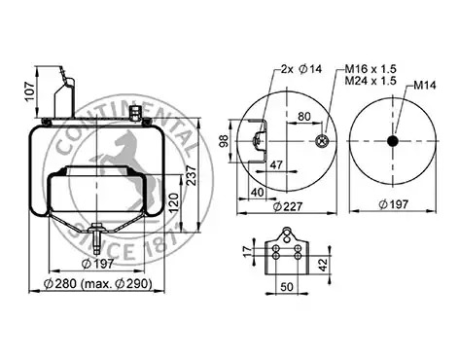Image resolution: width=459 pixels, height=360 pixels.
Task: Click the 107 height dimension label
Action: pyautogui.click(x=30, y=91)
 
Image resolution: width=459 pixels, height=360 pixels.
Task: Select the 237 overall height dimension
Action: pyautogui.click(x=192, y=175)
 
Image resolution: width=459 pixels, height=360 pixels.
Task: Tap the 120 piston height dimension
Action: pyautogui.click(x=173, y=202)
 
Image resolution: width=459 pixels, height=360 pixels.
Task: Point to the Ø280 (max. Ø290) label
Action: pyautogui.click(x=98, y=284)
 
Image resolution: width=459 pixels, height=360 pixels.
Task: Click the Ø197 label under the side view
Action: pyautogui.click(x=98, y=264)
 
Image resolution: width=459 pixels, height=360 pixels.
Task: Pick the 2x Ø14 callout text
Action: pyautogui.click(x=301, y=69)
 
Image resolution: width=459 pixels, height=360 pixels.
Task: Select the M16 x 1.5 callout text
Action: pyautogui.click(x=371, y=69)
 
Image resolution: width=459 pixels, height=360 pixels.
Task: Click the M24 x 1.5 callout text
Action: pyautogui.click(x=371, y=81)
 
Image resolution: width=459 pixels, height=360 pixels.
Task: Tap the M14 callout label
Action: pyautogui.click(x=425, y=86)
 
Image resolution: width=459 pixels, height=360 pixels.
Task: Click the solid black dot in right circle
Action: pyautogui.click(x=393, y=141)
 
